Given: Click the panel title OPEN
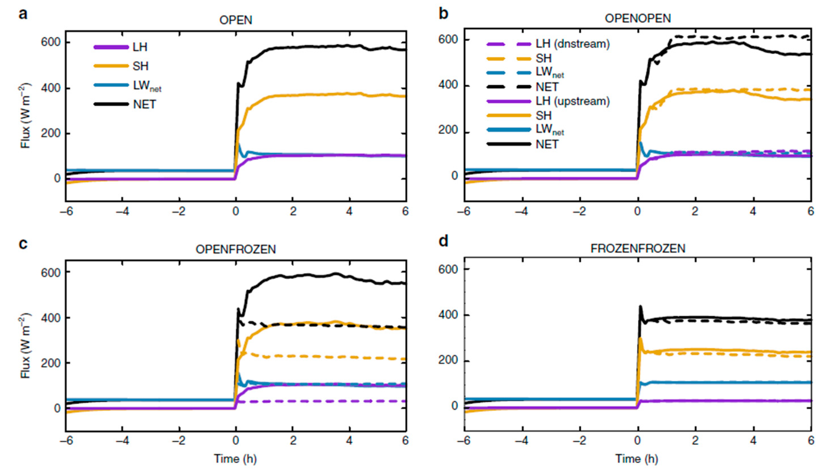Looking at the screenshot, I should click(x=236, y=20).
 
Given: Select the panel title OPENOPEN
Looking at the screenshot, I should click(x=637, y=18).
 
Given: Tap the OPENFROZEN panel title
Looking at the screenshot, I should click(x=236, y=249).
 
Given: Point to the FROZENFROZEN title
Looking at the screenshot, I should click(x=638, y=249).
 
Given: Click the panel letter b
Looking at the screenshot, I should click(x=444, y=14).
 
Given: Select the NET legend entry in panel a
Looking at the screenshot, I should click(x=145, y=104).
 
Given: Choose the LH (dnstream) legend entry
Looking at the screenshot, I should click(x=572, y=44).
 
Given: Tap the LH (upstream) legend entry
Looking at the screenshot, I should click(x=572, y=101).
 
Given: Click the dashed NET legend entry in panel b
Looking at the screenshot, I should click(x=547, y=87).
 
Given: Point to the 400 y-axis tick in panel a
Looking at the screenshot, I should click(x=50, y=89).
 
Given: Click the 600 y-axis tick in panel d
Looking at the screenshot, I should click(x=449, y=270).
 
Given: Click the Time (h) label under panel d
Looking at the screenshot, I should click(x=637, y=459).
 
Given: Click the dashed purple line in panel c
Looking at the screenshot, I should click(x=326, y=401).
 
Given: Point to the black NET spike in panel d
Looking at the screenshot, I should click(x=640, y=307).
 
